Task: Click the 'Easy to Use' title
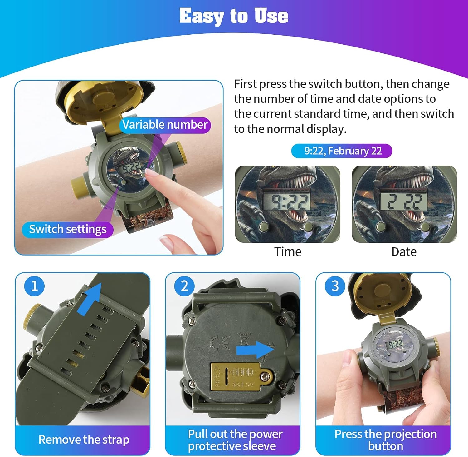[234, 16]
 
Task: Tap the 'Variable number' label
[165, 125]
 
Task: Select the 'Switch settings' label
[68, 229]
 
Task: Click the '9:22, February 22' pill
[342, 151]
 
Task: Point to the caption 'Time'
[288, 252]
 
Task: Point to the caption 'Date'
[404, 252]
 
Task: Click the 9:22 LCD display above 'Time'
[287, 201]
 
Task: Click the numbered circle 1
[34, 286]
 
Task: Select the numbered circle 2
[184, 286]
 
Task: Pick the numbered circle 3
[335, 286]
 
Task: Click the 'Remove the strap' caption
[84, 440]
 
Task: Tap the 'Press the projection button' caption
[386, 440]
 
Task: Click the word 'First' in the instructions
[245, 84]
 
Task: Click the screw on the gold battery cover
[266, 376]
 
